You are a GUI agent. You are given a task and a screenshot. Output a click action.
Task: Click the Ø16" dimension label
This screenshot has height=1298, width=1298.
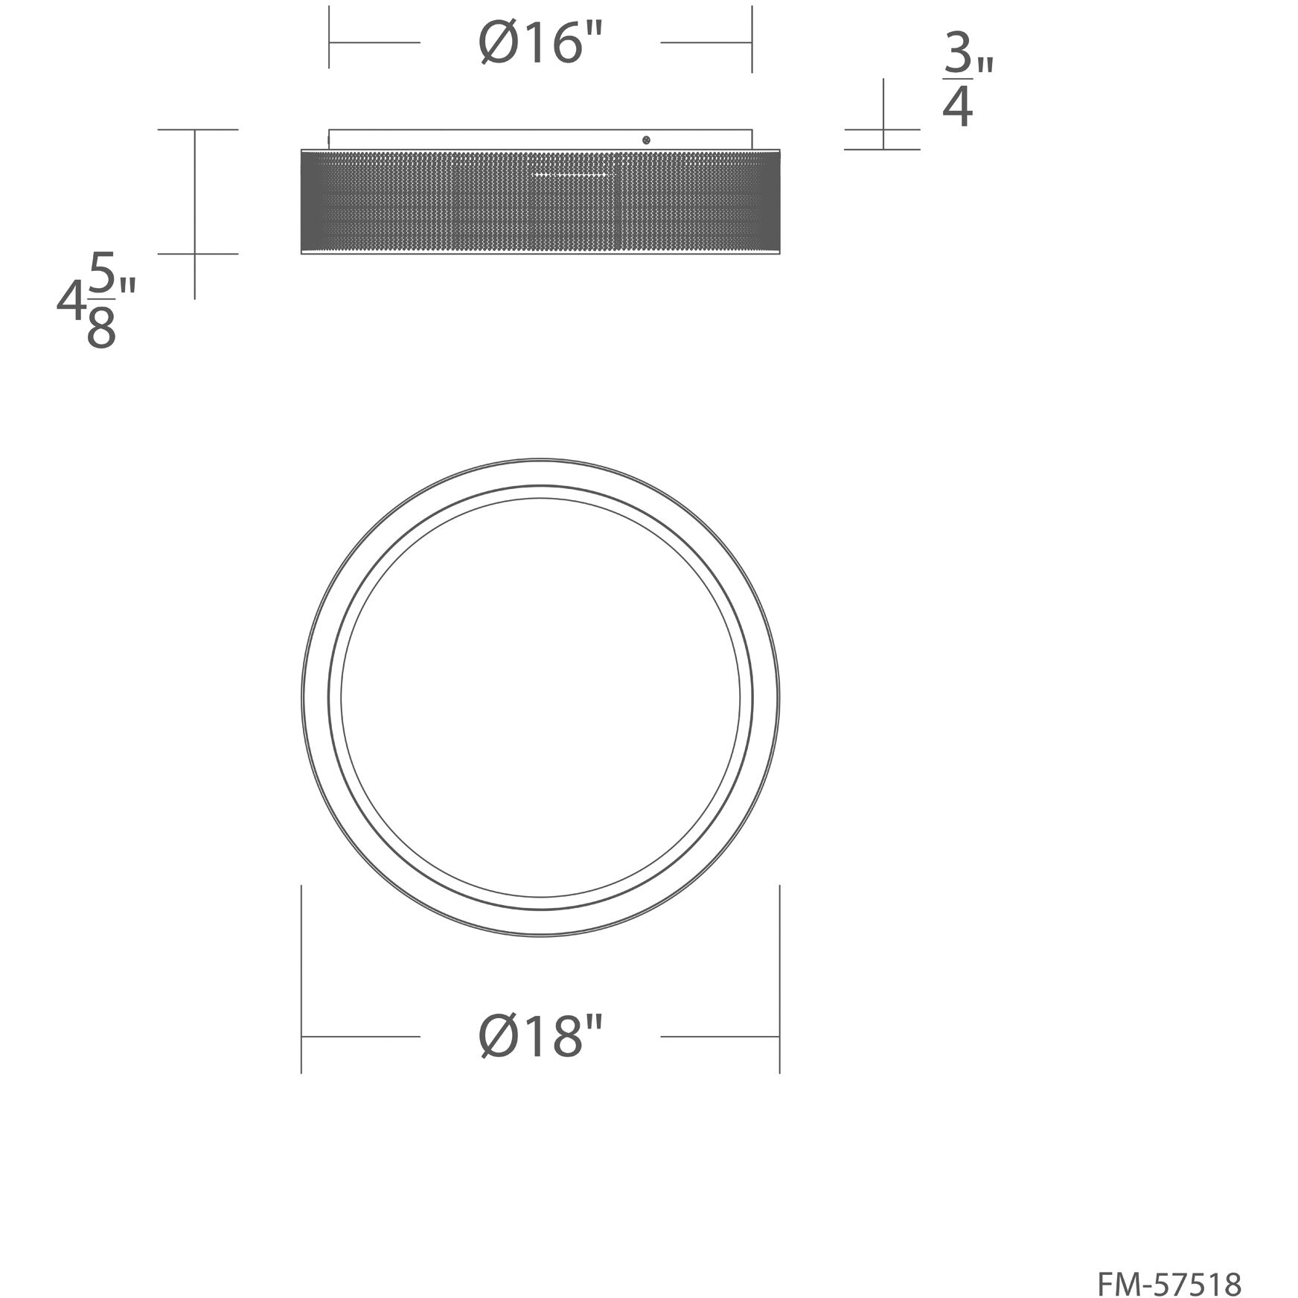point(540,44)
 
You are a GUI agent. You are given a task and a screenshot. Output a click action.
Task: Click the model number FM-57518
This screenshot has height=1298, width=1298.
point(1169,1264)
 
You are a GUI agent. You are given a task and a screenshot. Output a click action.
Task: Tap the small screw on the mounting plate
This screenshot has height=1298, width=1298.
point(646,139)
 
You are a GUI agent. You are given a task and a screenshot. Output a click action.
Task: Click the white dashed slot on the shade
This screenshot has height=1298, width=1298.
point(572,175)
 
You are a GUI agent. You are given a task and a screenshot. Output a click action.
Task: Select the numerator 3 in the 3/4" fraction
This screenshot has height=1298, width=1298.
point(959,54)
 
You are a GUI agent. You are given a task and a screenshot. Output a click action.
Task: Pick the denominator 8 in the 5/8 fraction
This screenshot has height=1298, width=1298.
point(101,328)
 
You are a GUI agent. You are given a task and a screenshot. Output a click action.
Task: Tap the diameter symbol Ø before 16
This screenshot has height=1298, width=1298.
point(498,44)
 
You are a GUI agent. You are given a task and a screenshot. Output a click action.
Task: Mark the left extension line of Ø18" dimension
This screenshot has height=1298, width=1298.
point(301,979)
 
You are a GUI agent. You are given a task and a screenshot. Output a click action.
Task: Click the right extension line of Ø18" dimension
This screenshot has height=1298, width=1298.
point(779,979)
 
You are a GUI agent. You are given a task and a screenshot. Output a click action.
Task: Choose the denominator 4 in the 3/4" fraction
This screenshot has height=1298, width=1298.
point(958,108)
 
